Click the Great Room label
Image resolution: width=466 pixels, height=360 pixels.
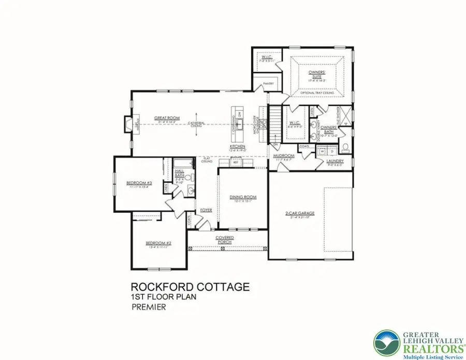point(167,119)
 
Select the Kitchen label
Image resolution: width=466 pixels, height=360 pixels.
point(237,147)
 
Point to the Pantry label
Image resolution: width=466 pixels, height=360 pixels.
point(268,83)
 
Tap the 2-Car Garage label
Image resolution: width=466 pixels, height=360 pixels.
point(300,213)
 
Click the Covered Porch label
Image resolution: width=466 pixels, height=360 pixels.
point(225,239)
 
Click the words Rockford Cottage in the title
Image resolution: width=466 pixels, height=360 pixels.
point(190,286)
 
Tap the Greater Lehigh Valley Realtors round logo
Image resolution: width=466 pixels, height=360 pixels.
point(387,343)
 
